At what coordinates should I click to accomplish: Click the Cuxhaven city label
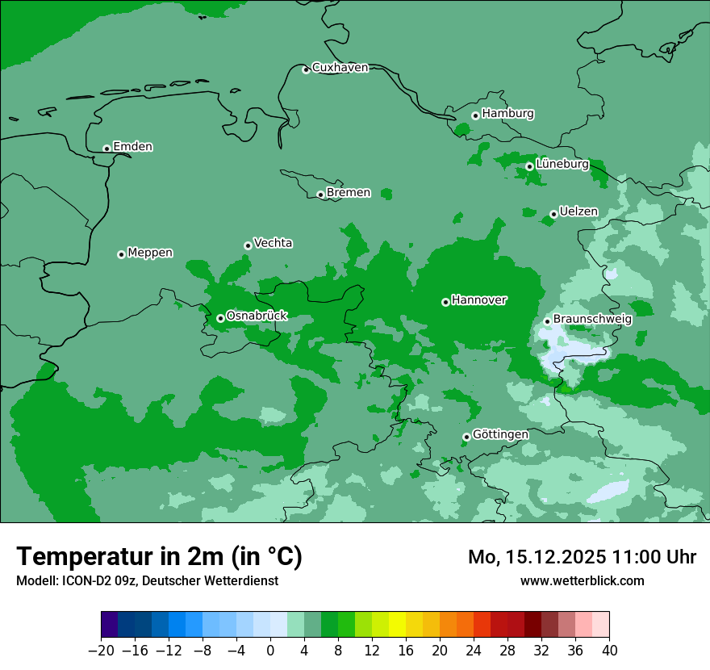tap(340, 68)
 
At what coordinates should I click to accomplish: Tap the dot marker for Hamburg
tap(475, 115)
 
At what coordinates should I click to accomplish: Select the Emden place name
tap(132, 147)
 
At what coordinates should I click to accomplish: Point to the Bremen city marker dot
tap(320, 195)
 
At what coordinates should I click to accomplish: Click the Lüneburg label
tap(562, 164)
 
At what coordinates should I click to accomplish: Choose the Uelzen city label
tap(578, 211)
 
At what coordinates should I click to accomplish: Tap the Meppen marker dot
tap(121, 254)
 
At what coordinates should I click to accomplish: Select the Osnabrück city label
tap(257, 316)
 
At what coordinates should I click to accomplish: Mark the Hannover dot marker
tap(445, 302)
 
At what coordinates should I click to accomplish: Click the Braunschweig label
tap(592, 319)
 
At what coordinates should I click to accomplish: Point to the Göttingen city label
tap(500, 434)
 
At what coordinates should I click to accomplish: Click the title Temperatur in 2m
tap(159, 557)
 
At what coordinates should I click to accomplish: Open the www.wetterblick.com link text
tap(582, 580)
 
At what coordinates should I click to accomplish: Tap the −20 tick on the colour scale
tap(101, 651)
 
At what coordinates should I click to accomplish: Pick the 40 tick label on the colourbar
tap(609, 651)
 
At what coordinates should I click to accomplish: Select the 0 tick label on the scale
tap(270, 651)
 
